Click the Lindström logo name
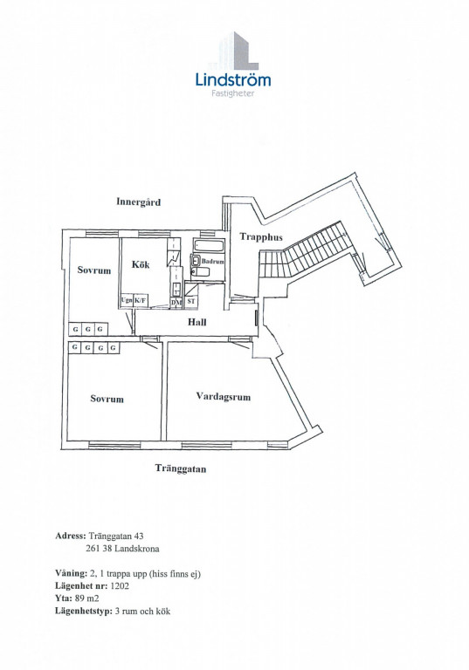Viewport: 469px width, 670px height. pos(233,80)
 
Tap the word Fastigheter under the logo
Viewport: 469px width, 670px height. pos(233,93)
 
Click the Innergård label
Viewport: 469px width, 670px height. pos(138,202)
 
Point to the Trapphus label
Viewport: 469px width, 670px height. pos(261,237)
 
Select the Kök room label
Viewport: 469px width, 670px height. pos(141,264)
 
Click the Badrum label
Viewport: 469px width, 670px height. pos(213,261)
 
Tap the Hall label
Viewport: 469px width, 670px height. pos(197,322)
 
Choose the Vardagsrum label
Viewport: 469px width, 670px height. pos(224,397)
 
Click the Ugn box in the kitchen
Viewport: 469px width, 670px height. pos(127,300)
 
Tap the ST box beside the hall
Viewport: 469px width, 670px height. pos(191,301)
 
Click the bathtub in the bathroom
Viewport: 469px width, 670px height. pos(209,246)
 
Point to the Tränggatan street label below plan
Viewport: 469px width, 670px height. pos(181,468)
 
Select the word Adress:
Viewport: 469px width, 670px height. pos(71,536)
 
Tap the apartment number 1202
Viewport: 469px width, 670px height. pos(120,586)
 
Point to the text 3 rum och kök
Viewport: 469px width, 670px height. pos(143,611)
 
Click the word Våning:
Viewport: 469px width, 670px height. pos(71,573)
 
